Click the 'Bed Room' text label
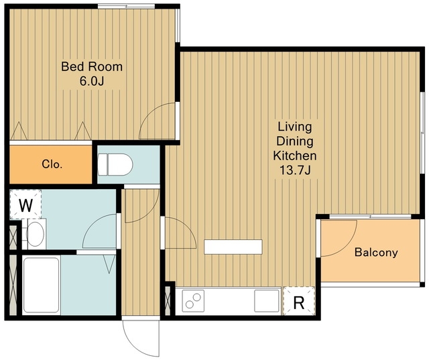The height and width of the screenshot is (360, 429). (x=92, y=67)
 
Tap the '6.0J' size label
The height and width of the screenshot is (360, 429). (x=92, y=81)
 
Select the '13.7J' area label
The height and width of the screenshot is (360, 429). (x=295, y=170)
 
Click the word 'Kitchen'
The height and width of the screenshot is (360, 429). (x=295, y=156)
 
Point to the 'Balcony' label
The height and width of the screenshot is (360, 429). (x=376, y=252)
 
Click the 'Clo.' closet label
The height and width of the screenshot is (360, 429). (x=52, y=164)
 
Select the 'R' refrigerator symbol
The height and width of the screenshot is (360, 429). (x=299, y=302)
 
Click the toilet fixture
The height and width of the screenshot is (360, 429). (x=115, y=164)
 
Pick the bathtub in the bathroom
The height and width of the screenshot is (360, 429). (x=42, y=285)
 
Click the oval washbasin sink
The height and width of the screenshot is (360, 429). (x=36, y=234)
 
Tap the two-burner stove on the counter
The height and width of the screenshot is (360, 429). (x=193, y=300)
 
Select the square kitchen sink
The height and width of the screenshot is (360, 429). (x=267, y=300)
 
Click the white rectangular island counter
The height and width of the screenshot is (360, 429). (x=233, y=247)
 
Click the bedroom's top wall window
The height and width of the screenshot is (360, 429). (x=126, y=6)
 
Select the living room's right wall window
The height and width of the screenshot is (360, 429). (x=422, y=133)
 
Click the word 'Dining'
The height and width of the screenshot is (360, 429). (x=295, y=141)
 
